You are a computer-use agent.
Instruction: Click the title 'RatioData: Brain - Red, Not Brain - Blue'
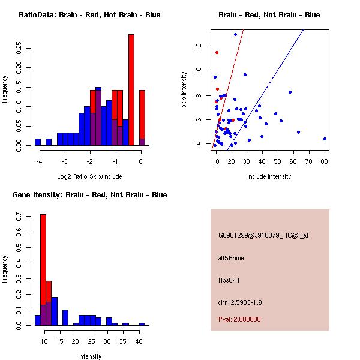(x=89, y=15)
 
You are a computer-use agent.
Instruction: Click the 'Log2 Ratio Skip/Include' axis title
(x=89, y=176)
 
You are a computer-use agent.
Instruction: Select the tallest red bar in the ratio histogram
(x=131, y=90)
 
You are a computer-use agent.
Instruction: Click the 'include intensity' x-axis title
(x=269, y=176)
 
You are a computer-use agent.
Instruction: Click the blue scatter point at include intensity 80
(x=325, y=139)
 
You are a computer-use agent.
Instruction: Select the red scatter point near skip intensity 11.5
(x=217, y=52)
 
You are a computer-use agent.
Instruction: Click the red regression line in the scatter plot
(x=232, y=78)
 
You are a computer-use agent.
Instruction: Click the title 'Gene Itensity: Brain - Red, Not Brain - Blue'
(x=90, y=195)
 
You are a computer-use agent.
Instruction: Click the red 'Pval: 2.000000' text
(x=239, y=319)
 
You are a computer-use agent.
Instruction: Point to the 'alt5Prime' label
(x=231, y=258)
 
